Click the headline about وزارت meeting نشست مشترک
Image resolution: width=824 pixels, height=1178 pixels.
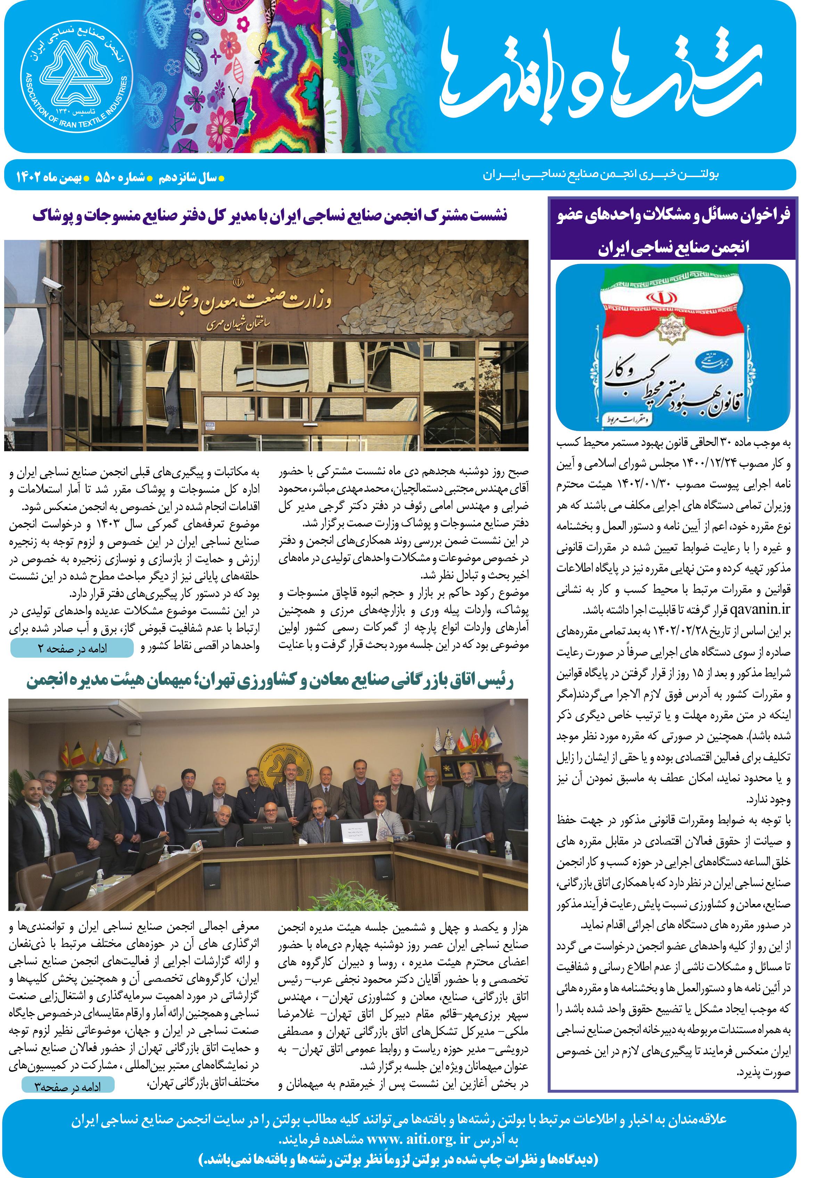pyautogui.click(x=269, y=215)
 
